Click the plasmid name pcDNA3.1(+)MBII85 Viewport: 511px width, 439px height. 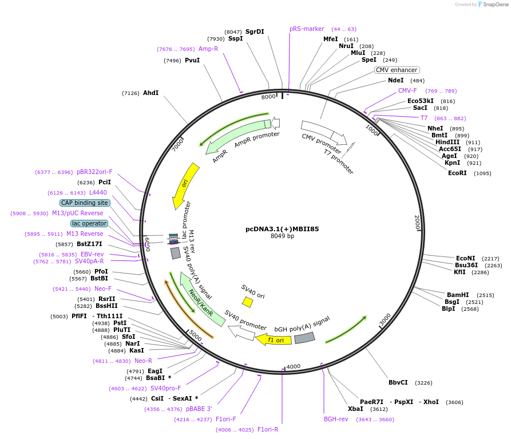click(x=282, y=229)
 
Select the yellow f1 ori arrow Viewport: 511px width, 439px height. click(x=274, y=340)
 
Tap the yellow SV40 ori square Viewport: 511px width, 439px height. click(x=248, y=302)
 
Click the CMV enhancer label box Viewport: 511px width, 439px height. click(x=397, y=70)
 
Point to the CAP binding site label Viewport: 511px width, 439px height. click(x=85, y=203)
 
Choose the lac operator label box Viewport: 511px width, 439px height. click(x=89, y=223)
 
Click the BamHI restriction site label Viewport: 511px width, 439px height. click(x=458, y=295)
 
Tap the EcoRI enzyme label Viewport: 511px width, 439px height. click(x=457, y=173)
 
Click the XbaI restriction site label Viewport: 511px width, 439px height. click(x=355, y=409)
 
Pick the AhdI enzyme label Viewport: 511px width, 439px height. click(x=151, y=93)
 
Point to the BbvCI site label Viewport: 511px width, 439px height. click(x=398, y=382)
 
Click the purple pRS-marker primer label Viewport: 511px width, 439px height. click(x=307, y=29)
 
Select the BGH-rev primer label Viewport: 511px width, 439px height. click(x=336, y=419)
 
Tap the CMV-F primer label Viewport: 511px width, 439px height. click(x=407, y=90)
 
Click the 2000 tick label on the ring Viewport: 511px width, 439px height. click(x=418, y=223)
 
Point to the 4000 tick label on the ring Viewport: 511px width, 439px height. click(x=293, y=366)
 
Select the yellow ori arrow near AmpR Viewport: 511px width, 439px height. click(x=186, y=185)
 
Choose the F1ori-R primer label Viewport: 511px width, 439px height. click(x=268, y=429)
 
